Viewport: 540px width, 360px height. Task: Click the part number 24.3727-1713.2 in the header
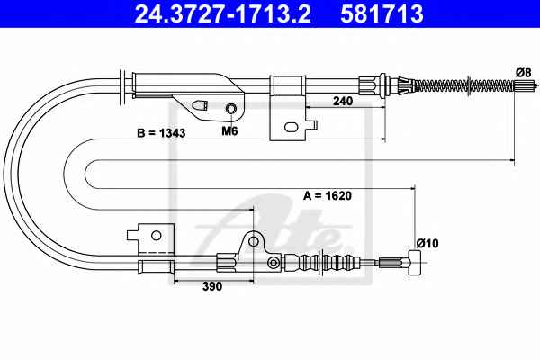click(223, 13)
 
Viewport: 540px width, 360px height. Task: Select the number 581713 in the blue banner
click(382, 13)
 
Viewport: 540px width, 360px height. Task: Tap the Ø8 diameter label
click(524, 73)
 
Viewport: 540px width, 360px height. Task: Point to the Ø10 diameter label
click(427, 243)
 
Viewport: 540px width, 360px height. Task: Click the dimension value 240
click(343, 101)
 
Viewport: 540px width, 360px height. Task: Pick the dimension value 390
click(212, 286)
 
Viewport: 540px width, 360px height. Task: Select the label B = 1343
click(161, 133)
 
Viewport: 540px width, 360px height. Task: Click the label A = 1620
click(328, 195)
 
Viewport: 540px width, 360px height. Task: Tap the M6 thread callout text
click(229, 130)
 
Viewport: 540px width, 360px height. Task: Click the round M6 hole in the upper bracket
click(230, 109)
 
